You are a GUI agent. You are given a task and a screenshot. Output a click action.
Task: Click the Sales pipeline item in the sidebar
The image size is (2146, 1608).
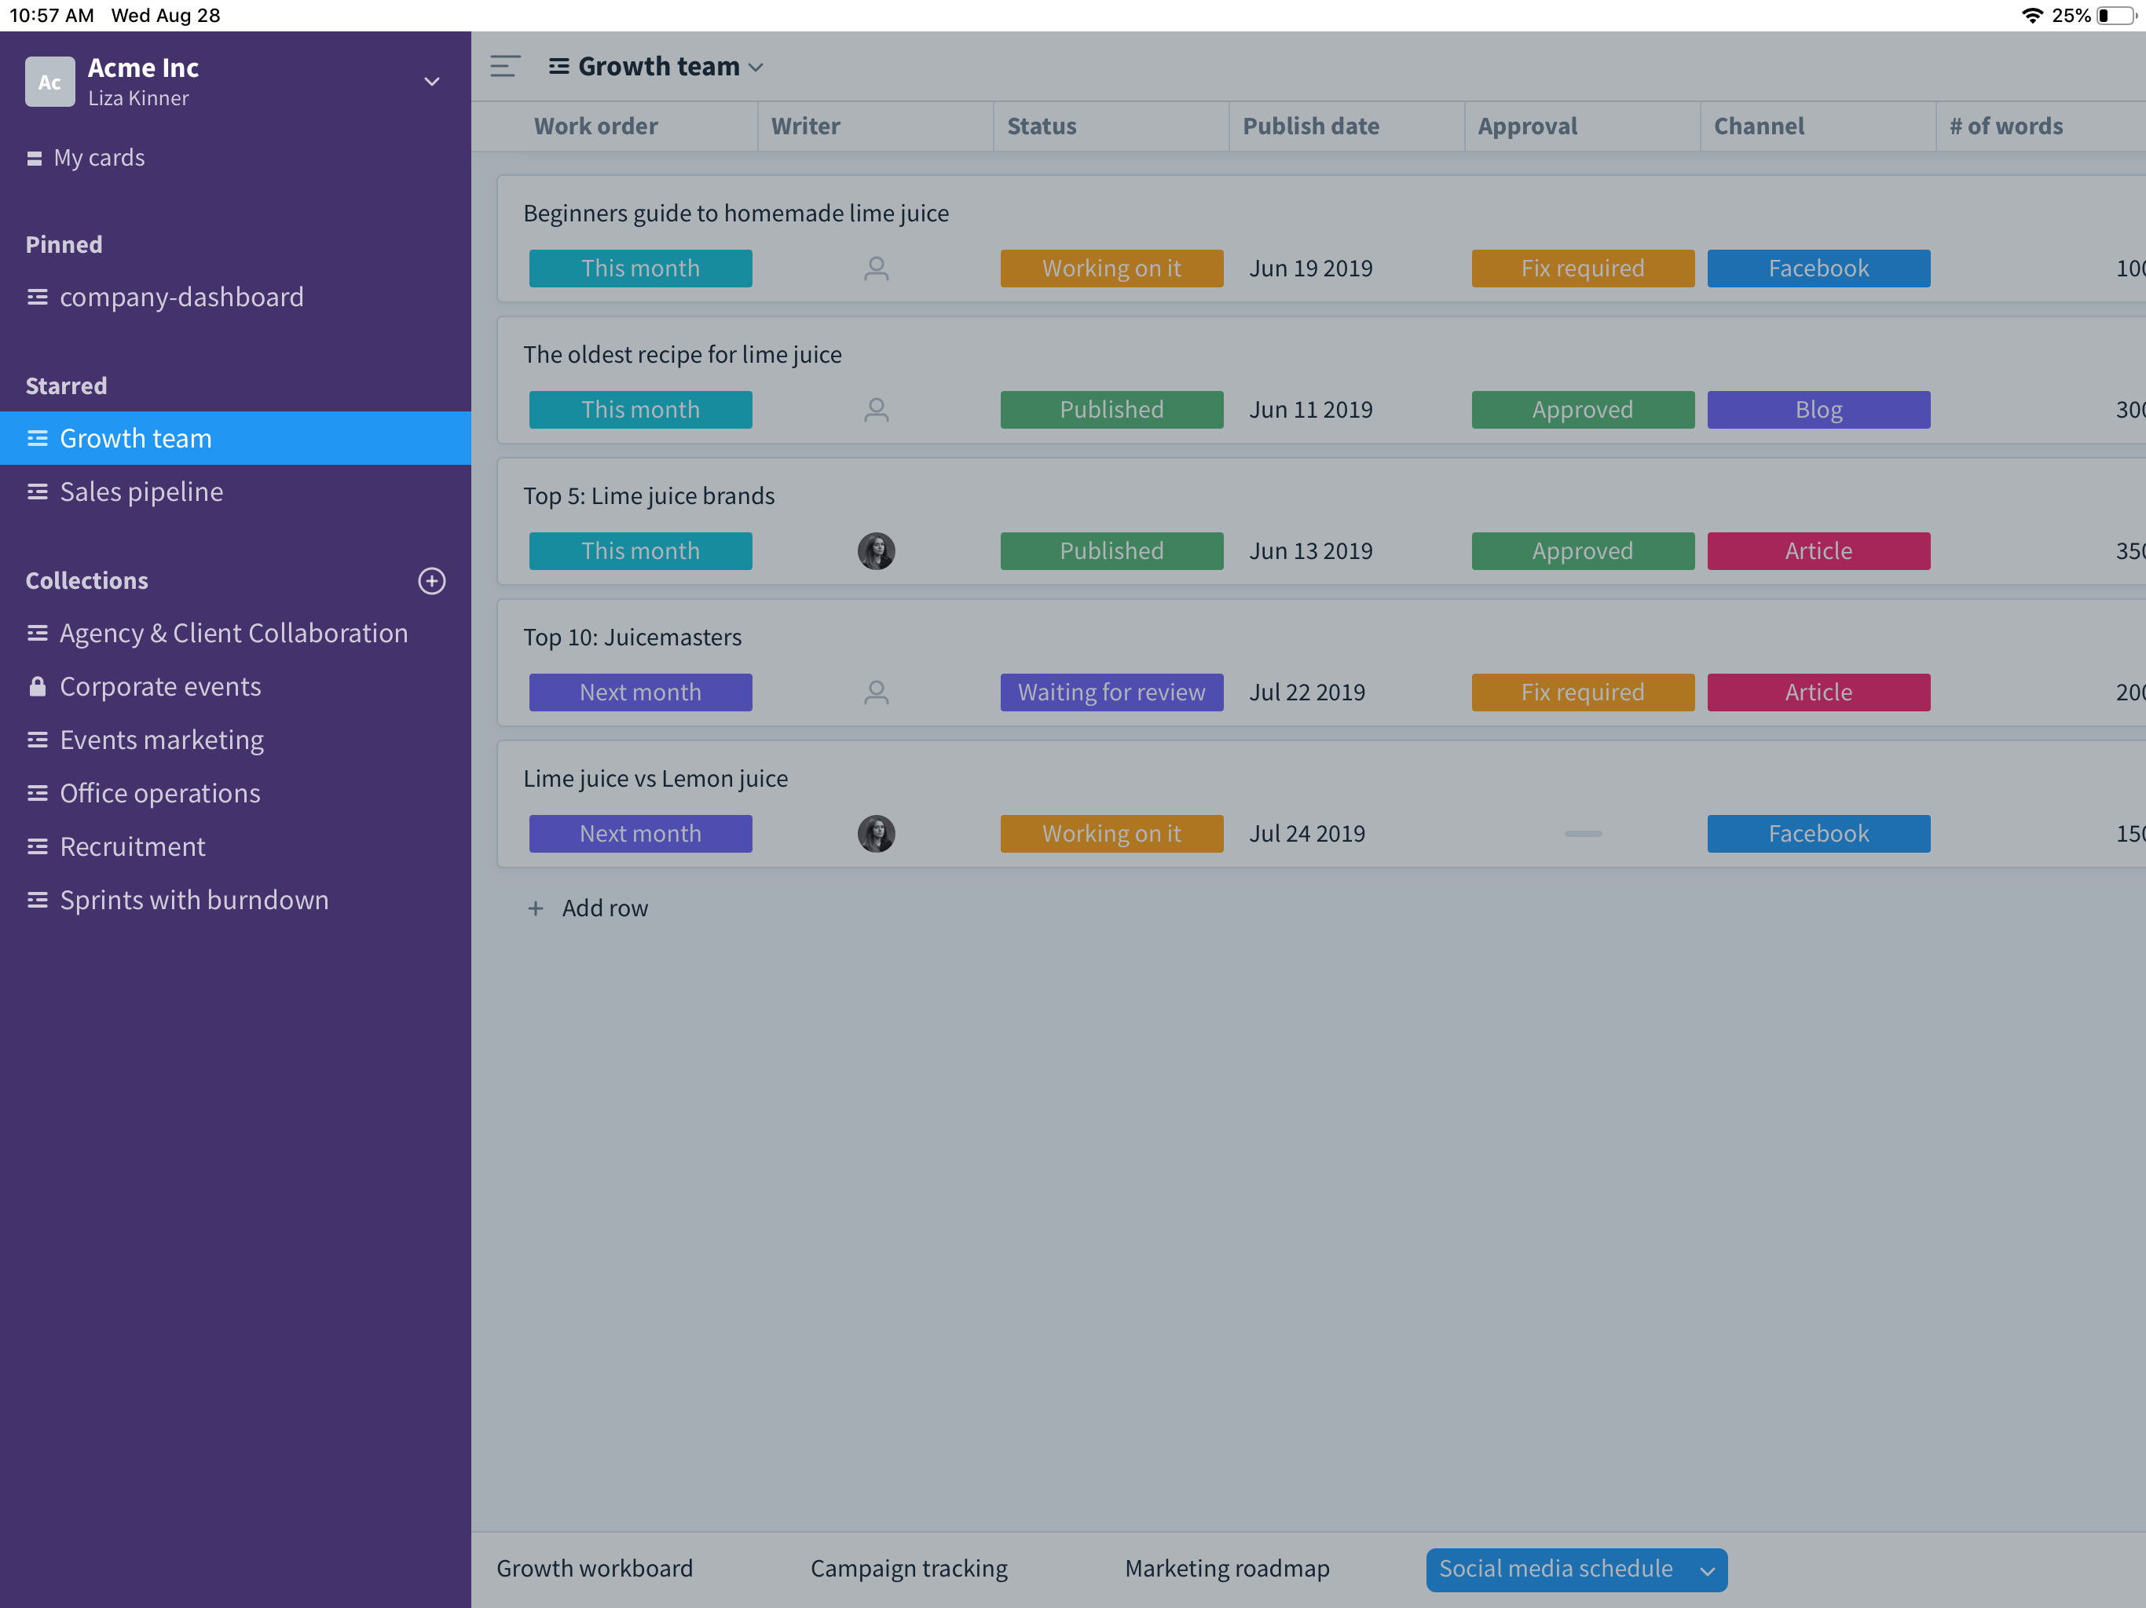141,492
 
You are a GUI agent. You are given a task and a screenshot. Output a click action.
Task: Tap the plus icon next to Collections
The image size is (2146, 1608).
432,581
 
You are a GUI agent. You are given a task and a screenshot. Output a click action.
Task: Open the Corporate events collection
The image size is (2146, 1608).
160,687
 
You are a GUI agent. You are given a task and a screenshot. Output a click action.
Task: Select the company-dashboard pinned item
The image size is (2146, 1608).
181,297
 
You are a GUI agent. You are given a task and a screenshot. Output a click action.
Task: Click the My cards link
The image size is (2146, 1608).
99,157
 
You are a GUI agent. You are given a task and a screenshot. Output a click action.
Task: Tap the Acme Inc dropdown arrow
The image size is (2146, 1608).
432,82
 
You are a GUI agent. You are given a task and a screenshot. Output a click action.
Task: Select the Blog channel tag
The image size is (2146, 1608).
1818,409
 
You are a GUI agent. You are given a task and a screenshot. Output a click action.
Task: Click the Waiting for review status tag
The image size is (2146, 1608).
1111,693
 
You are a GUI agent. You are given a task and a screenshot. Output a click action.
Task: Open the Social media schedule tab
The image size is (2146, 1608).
1556,1568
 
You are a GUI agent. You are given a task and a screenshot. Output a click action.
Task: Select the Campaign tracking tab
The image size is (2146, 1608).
908,1568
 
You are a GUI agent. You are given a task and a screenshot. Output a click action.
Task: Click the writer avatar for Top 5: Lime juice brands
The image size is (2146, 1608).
876,551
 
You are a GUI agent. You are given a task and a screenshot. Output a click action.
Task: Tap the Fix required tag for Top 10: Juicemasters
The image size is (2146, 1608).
1581,693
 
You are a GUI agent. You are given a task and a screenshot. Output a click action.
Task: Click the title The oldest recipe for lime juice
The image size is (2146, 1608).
682,354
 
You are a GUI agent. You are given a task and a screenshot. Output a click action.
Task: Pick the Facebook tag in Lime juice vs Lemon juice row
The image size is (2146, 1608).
1818,833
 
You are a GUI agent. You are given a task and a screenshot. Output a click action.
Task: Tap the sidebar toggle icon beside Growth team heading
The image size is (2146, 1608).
504,66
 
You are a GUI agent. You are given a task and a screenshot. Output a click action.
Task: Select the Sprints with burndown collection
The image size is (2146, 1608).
194,900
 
